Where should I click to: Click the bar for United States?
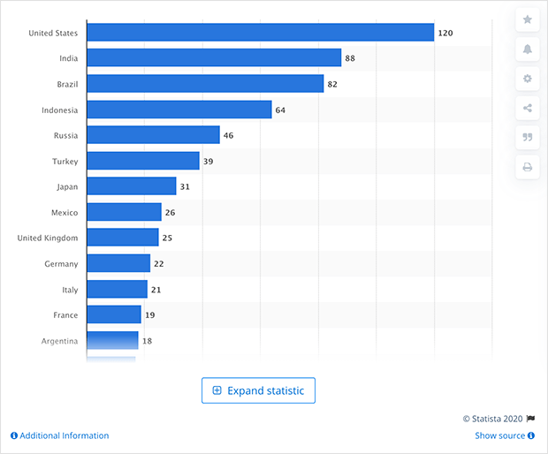[260, 33]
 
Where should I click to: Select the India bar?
[214, 58]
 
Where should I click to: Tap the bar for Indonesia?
[179, 110]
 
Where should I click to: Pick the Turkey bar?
[143, 161]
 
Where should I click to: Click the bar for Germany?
[118, 263]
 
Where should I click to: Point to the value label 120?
[445, 33]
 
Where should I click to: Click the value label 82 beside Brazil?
[332, 84]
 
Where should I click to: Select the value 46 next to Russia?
[228, 136]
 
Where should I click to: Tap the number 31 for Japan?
[185, 187]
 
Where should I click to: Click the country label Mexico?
[64, 213]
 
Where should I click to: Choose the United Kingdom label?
[48, 238]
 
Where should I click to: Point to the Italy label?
[69, 290]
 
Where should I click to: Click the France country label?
[65, 315]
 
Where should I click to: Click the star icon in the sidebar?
[528, 19]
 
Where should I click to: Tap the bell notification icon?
[528, 49]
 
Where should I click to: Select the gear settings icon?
[528, 79]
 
